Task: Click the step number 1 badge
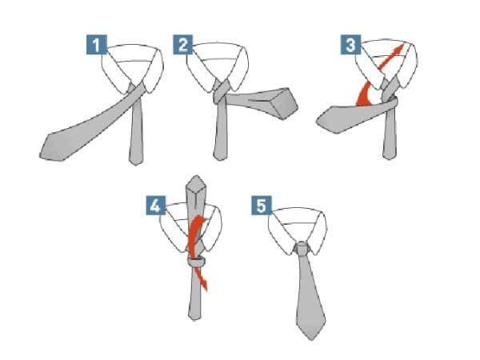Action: click(97, 45)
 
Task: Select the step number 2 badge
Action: click(183, 45)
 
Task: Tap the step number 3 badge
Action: click(351, 45)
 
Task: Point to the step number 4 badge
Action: click(156, 206)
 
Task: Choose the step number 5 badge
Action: click(262, 206)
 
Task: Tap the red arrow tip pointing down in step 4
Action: click(205, 285)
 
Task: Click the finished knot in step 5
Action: click(302, 248)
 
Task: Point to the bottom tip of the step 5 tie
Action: click(311, 339)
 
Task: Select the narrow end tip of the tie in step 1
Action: click(136, 163)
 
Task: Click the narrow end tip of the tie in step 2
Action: click(220, 158)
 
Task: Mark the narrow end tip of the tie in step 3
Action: click(390, 158)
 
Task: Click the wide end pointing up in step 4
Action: click(196, 186)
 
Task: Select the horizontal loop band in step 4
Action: click(196, 262)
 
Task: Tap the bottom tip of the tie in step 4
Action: click(194, 318)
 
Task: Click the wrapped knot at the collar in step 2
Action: click(221, 92)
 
